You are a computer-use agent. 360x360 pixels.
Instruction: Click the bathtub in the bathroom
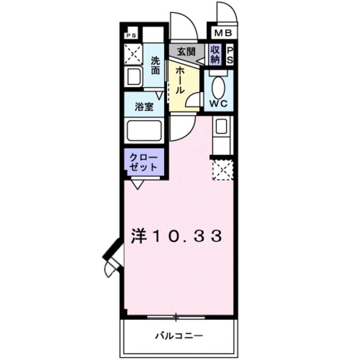[x=145, y=131]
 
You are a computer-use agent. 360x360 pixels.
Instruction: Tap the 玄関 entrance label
[x=186, y=51]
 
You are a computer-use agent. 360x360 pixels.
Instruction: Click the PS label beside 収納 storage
[x=231, y=56]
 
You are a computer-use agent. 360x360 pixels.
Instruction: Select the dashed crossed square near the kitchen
[x=221, y=169]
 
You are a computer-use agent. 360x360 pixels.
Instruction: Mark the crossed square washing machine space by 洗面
[x=134, y=55]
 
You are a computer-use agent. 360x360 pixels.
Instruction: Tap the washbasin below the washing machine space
[x=134, y=78]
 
